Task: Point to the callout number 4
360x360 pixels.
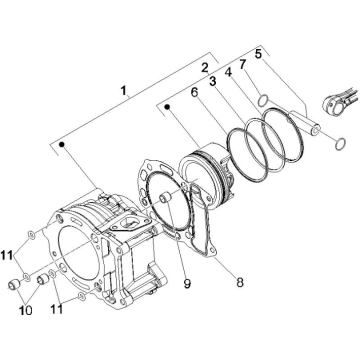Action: pos(229,72)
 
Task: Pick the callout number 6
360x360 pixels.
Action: pos(194,91)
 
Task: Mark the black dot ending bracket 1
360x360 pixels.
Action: pos(62,146)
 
